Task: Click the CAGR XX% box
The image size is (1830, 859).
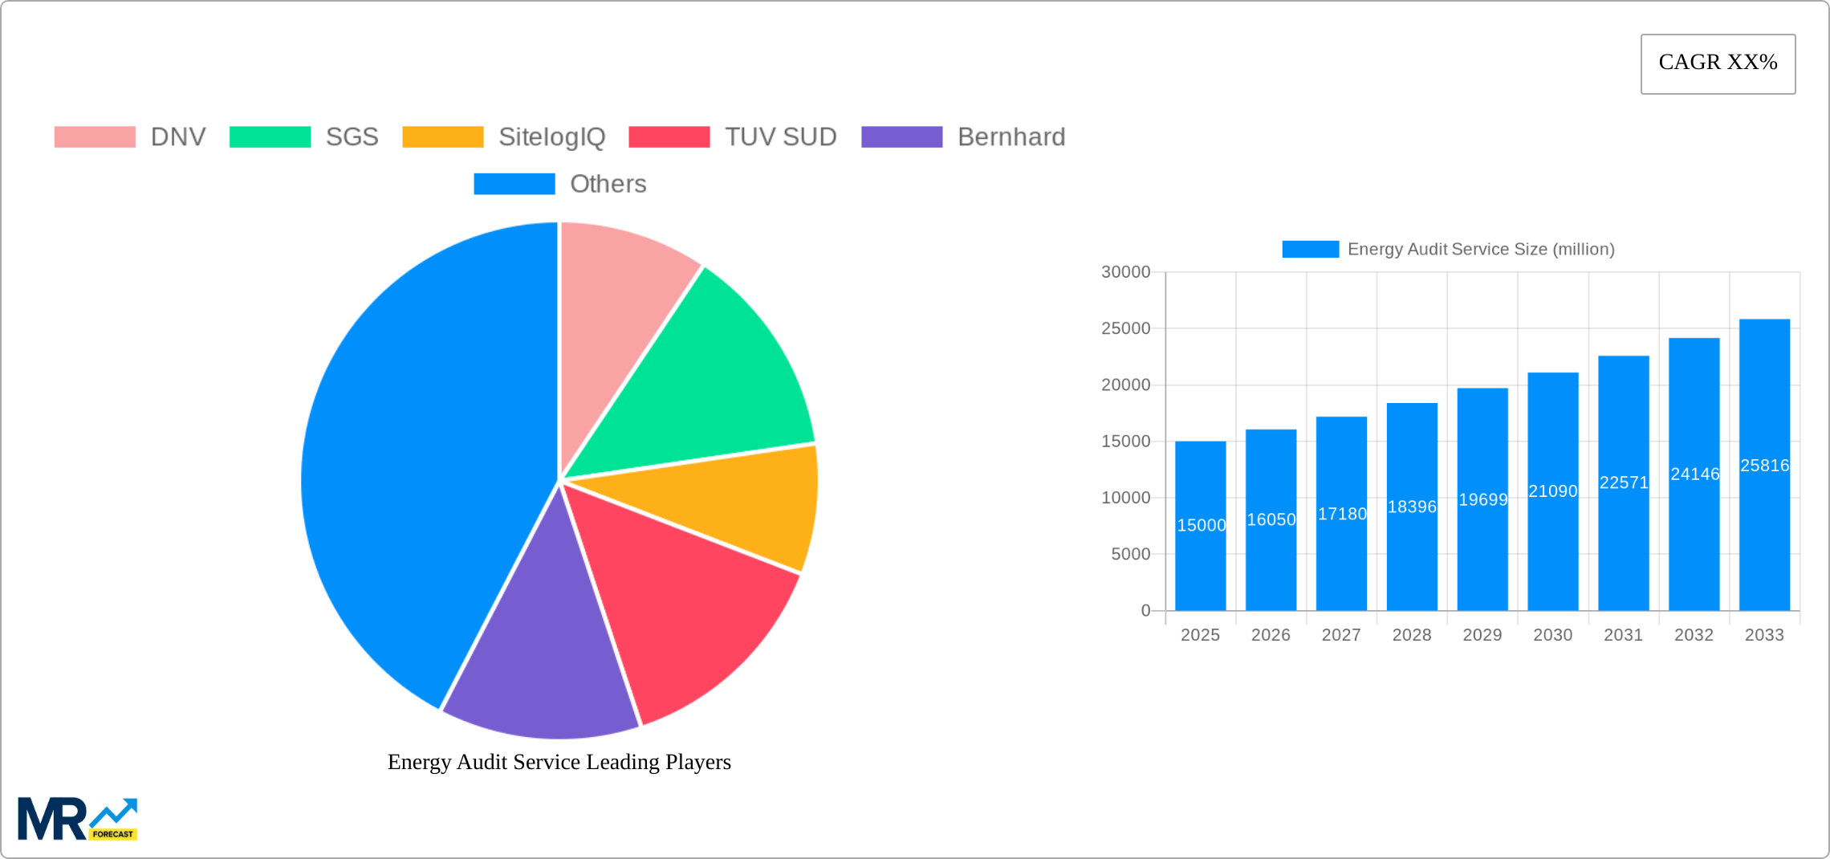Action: point(1718,63)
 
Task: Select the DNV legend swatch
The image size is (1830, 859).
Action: point(95,137)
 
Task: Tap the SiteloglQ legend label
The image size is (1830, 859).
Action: point(551,137)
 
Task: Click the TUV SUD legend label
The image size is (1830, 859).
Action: point(780,137)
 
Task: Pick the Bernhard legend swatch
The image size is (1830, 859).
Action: point(901,137)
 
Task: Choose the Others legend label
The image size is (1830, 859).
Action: point(608,184)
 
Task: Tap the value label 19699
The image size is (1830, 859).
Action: point(1482,499)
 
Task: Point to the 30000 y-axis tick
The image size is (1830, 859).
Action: point(1125,272)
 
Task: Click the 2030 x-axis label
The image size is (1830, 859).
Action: point(1552,635)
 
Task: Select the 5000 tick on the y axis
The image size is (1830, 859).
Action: point(1130,554)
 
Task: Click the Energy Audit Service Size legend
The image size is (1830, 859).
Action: point(1448,249)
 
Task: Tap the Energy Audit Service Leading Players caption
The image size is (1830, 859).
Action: point(559,762)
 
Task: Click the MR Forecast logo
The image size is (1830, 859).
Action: point(77,819)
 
